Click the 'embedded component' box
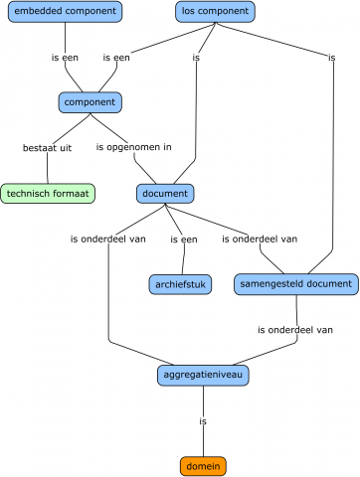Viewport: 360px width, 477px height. tap(64, 12)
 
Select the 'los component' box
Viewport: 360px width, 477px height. tap(214, 12)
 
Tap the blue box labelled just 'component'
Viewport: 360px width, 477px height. tap(90, 102)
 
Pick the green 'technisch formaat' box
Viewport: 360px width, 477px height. tap(49, 193)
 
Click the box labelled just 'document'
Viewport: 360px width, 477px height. tap(165, 193)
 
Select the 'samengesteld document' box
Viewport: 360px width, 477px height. tap(296, 284)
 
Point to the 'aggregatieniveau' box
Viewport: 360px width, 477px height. tap(203, 375)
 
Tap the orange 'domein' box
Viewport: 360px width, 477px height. tap(203, 465)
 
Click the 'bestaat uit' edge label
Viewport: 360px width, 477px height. tap(47, 147)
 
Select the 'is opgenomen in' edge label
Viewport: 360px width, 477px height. tap(133, 147)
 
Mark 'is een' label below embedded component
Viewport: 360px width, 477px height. tap(65, 58)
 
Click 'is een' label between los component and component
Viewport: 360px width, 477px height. tap(115, 58)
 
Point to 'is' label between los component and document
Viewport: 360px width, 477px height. tap(196, 58)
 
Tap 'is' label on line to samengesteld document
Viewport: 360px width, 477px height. tap(331, 58)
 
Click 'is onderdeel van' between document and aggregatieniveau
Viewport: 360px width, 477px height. tap(109, 238)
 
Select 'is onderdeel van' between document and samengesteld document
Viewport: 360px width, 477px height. tap(260, 238)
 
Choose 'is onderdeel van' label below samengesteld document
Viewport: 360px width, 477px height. tap(294, 329)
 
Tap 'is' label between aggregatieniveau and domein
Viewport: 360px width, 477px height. tap(203, 420)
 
